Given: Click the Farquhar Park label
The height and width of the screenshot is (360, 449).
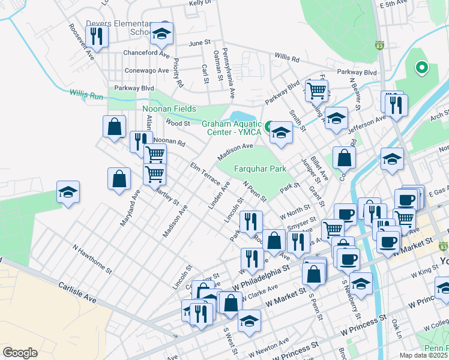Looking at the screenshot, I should click(x=259, y=169).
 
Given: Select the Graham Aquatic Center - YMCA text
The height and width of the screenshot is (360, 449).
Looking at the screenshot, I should click(x=232, y=128).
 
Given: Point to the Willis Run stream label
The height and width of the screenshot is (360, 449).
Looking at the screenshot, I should click(x=86, y=94).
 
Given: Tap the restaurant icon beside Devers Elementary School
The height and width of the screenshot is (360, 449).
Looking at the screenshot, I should click(x=96, y=36).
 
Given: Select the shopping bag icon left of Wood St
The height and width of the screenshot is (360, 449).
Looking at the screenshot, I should click(x=113, y=127).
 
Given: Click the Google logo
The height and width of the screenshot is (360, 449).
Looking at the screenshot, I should click(x=20, y=352).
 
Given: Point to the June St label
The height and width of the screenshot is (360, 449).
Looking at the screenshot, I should click(x=200, y=43).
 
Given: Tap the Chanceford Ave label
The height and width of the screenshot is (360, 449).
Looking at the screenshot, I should click(x=146, y=53).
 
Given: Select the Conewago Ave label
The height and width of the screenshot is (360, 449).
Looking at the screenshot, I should click(x=146, y=70).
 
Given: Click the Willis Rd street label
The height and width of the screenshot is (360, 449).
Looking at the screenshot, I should click(x=287, y=58).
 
